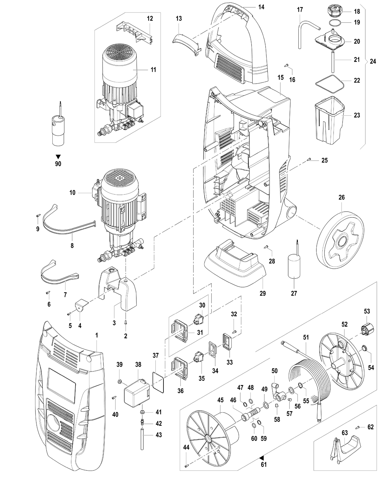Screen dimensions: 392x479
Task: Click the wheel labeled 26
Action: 340,241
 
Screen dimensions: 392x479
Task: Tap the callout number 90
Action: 58,164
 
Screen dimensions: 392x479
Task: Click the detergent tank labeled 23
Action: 329,120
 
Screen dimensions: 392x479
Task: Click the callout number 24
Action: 373,61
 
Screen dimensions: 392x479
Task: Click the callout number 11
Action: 154,70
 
